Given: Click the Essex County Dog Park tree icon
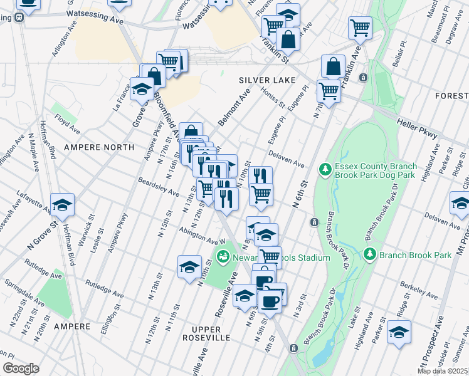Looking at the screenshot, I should coord(325,169).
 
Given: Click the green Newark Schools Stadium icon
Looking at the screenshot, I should coord(222,257).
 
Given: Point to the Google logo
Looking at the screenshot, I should coord(21,368).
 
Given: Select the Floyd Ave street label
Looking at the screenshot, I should coord(67,124).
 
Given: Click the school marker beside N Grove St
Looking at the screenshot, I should coord(62,204).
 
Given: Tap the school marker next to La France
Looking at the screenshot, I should coord(142,89).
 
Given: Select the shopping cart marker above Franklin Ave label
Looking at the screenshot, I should coord(360,28).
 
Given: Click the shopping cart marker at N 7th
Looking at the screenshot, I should coord(329,91).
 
